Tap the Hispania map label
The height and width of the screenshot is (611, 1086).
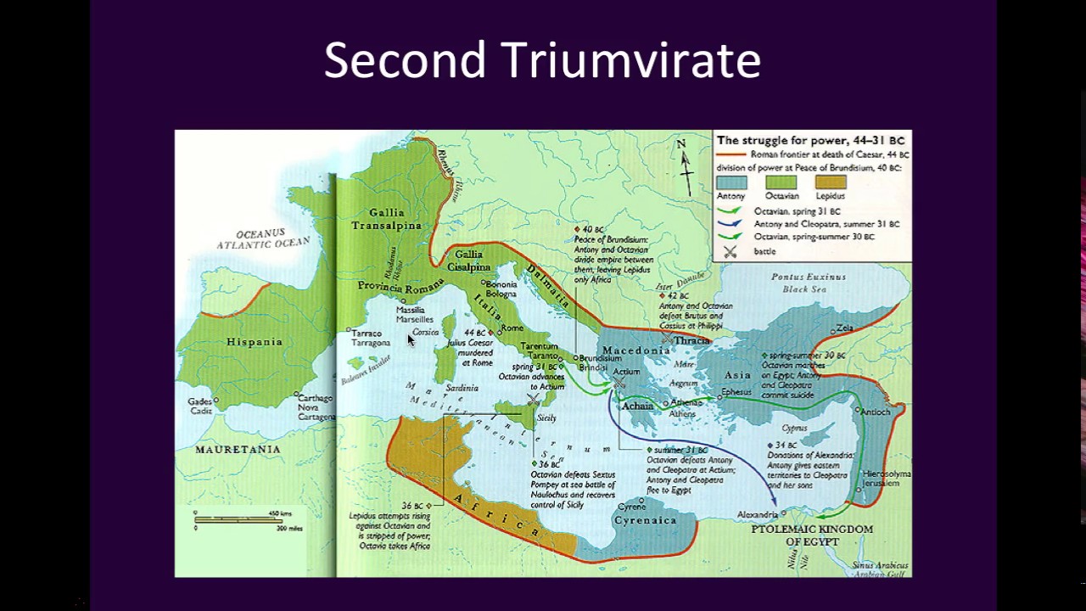click(x=254, y=342)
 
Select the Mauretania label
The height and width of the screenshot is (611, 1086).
click(x=238, y=449)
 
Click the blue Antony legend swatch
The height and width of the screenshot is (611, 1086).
click(x=731, y=182)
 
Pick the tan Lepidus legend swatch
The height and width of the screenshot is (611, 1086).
click(x=831, y=182)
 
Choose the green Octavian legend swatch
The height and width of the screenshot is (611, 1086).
click(x=781, y=182)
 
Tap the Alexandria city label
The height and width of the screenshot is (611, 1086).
click(x=757, y=515)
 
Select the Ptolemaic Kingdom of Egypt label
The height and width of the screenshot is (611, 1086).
click(x=812, y=535)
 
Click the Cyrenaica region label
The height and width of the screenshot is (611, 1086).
click(x=645, y=520)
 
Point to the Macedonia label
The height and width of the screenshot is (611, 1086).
click(x=636, y=350)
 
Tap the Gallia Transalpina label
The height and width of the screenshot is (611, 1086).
click(x=386, y=219)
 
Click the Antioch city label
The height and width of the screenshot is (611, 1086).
click(x=876, y=412)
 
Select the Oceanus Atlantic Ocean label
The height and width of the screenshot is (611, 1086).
click(x=263, y=238)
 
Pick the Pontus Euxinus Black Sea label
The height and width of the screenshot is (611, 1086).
click(x=803, y=283)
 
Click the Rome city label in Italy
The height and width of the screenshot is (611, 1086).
click(x=512, y=328)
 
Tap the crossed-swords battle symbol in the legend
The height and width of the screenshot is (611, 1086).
click(x=728, y=252)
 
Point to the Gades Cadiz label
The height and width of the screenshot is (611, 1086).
click(x=200, y=406)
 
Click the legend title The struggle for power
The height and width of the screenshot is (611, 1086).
click(x=810, y=140)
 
